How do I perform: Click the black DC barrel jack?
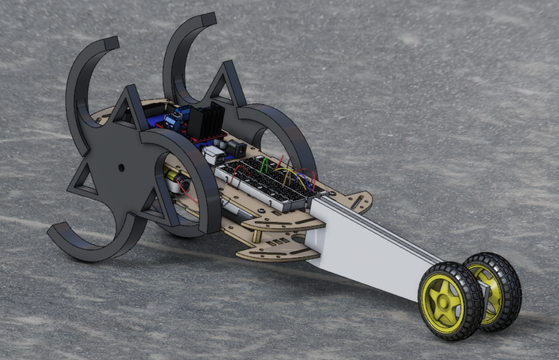236,148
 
